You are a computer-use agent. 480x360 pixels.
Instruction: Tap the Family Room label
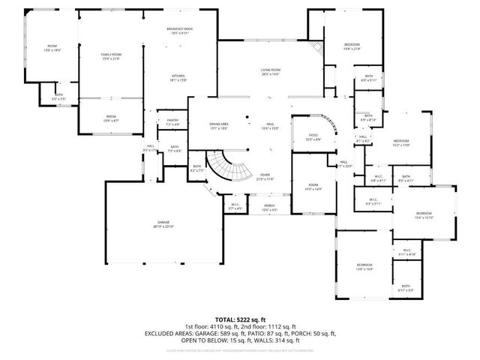pos(111,56)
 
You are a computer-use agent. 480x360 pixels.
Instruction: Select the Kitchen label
pos(178,76)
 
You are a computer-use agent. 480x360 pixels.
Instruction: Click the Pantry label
pos(172,121)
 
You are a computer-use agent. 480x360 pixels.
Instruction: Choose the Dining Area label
pos(219,125)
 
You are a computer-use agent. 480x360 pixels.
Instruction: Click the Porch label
pos(268,208)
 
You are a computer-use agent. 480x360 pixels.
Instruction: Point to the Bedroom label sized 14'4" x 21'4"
pos(352,46)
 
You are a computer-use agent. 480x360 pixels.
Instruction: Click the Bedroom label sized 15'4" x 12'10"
pos(424,215)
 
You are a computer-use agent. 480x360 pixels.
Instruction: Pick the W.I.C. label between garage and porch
pos(235,205)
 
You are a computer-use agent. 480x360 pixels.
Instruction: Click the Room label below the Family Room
pos(111,117)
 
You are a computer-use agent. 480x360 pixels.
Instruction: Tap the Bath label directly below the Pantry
pos(174,148)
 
